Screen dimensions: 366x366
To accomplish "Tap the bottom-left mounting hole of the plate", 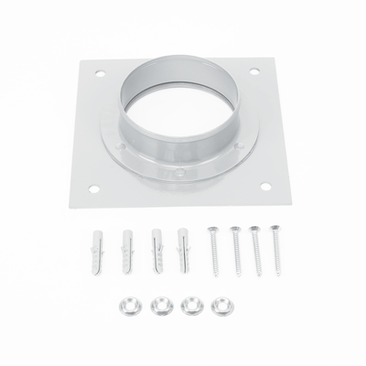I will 93,188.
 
